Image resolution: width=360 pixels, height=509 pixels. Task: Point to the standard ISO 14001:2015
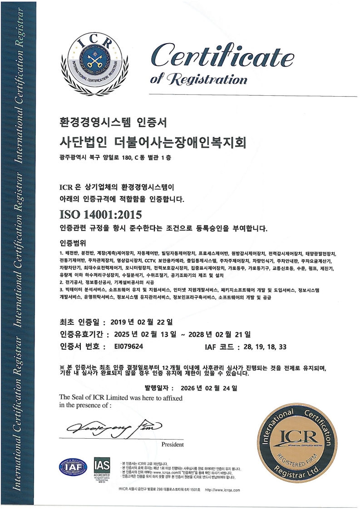[x=100, y=213]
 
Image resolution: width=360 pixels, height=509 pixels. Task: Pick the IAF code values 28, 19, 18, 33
[x=264, y=347]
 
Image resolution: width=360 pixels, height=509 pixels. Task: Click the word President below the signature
[x=173, y=445]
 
